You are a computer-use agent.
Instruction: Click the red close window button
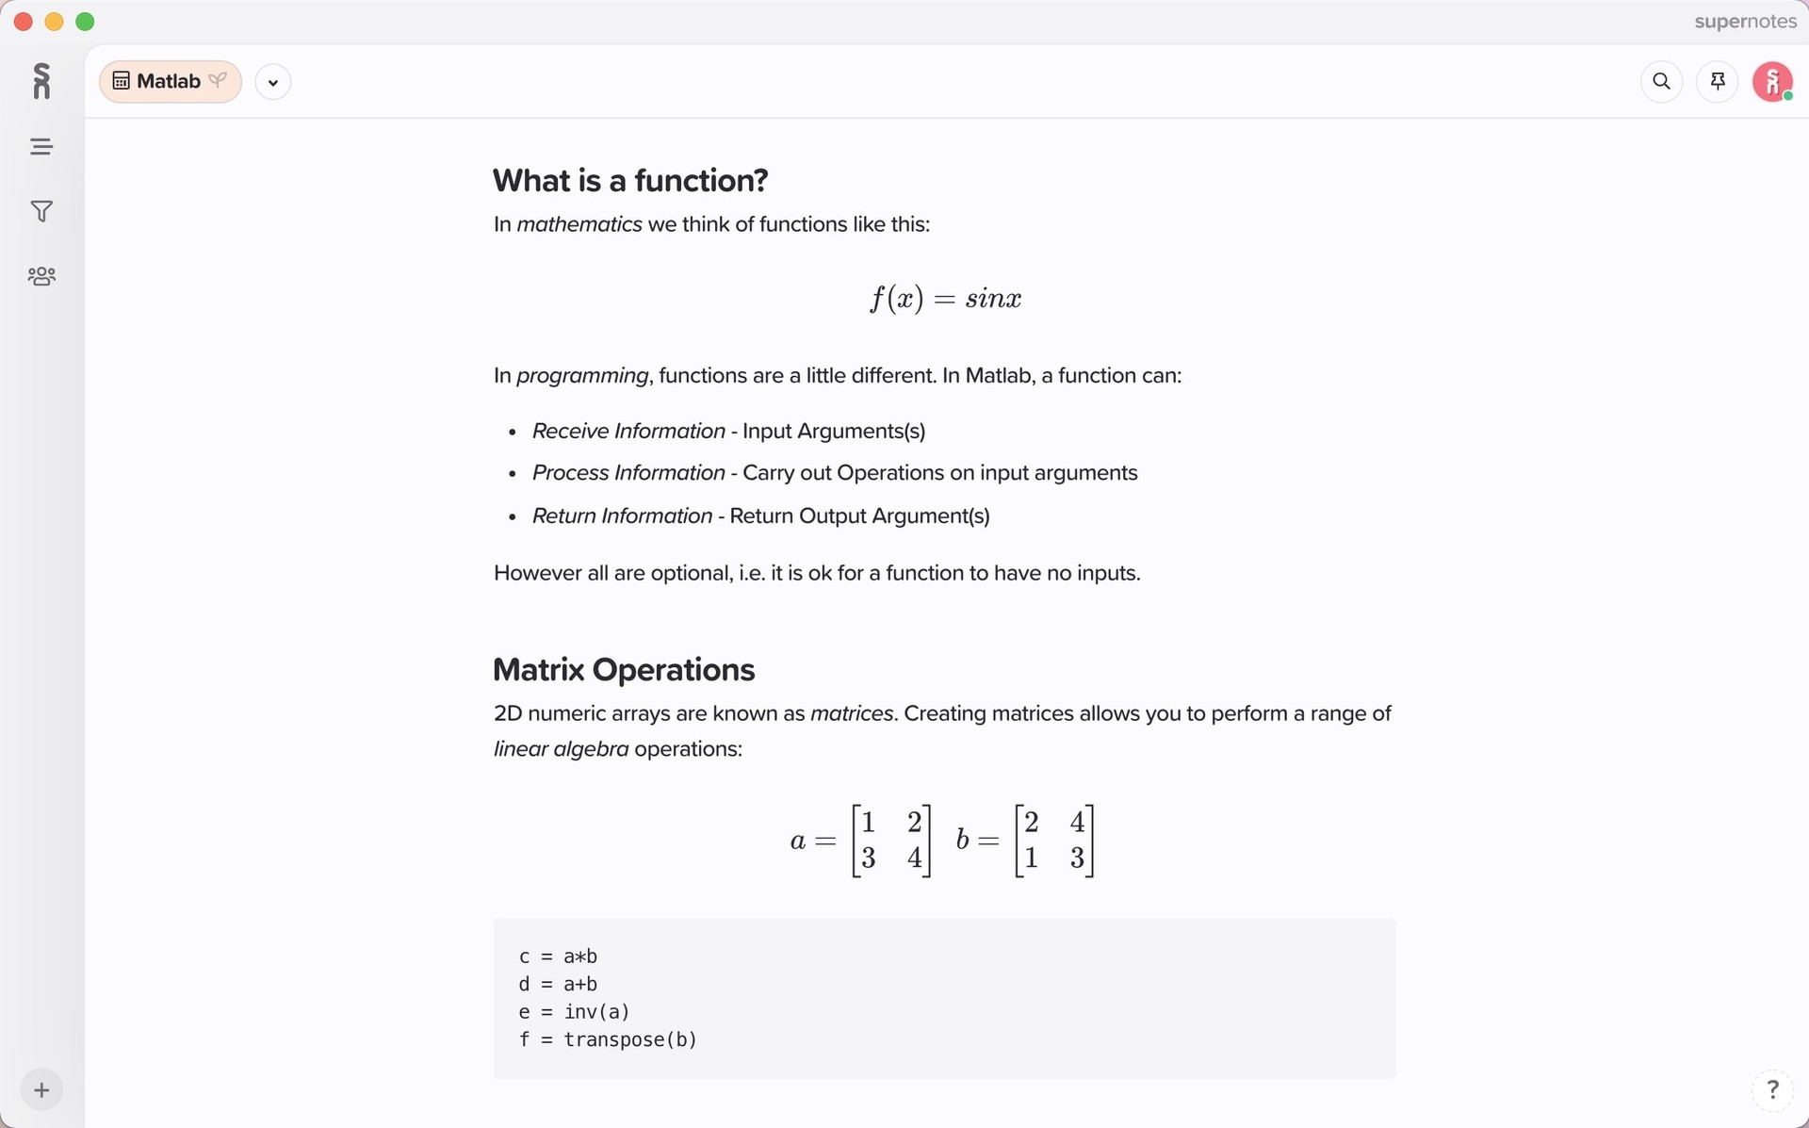[24, 22]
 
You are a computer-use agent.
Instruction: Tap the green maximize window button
[85, 22]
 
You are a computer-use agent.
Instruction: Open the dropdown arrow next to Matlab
[273, 82]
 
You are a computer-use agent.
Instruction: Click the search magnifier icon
[1661, 82]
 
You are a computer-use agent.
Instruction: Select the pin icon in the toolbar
[1718, 82]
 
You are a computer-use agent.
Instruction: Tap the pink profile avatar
[1772, 82]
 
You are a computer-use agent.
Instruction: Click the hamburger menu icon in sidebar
[41, 147]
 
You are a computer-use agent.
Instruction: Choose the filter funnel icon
[41, 211]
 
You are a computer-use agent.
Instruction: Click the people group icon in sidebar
[41, 276]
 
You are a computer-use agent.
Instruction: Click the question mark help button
[1772, 1089]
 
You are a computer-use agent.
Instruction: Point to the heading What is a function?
[630, 180]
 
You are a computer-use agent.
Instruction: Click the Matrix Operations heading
[624, 670]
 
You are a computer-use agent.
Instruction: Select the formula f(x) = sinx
[945, 299]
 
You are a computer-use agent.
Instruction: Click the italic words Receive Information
[628, 431]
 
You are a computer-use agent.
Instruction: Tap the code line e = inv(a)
[574, 1012]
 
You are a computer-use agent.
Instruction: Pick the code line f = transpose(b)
[608, 1039]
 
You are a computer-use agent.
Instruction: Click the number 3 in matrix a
[869, 858]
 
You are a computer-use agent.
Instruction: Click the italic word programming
[582, 375]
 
